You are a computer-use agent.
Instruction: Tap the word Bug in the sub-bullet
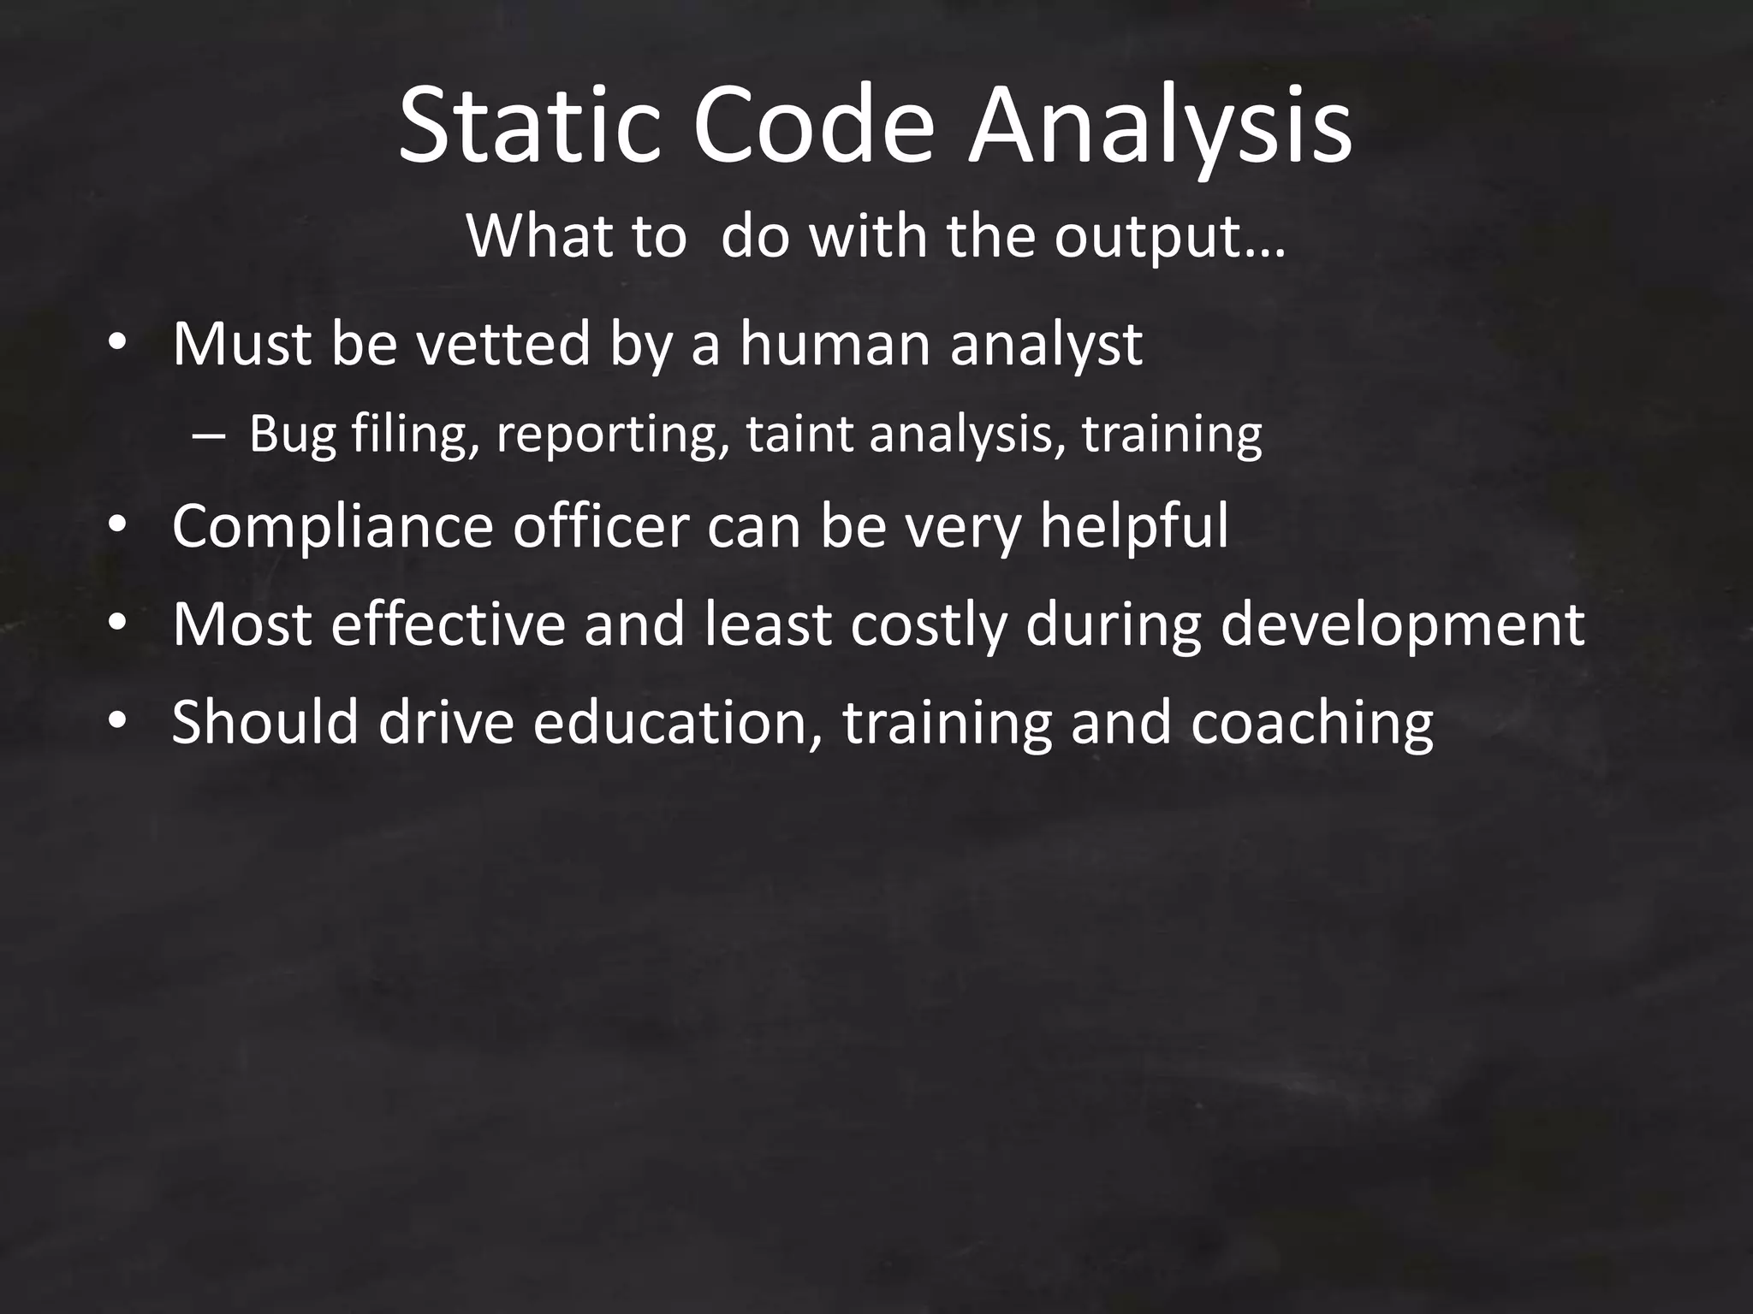[x=292, y=435]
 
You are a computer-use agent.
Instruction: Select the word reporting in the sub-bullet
[x=607, y=435]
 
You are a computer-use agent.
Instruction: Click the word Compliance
[x=332, y=527]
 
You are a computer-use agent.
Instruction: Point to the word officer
[x=601, y=525]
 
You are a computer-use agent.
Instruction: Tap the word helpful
[x=1133, y=527]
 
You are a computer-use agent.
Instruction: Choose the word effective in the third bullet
[x=448, y=624]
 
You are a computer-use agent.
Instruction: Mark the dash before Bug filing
[x=207, y=435]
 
